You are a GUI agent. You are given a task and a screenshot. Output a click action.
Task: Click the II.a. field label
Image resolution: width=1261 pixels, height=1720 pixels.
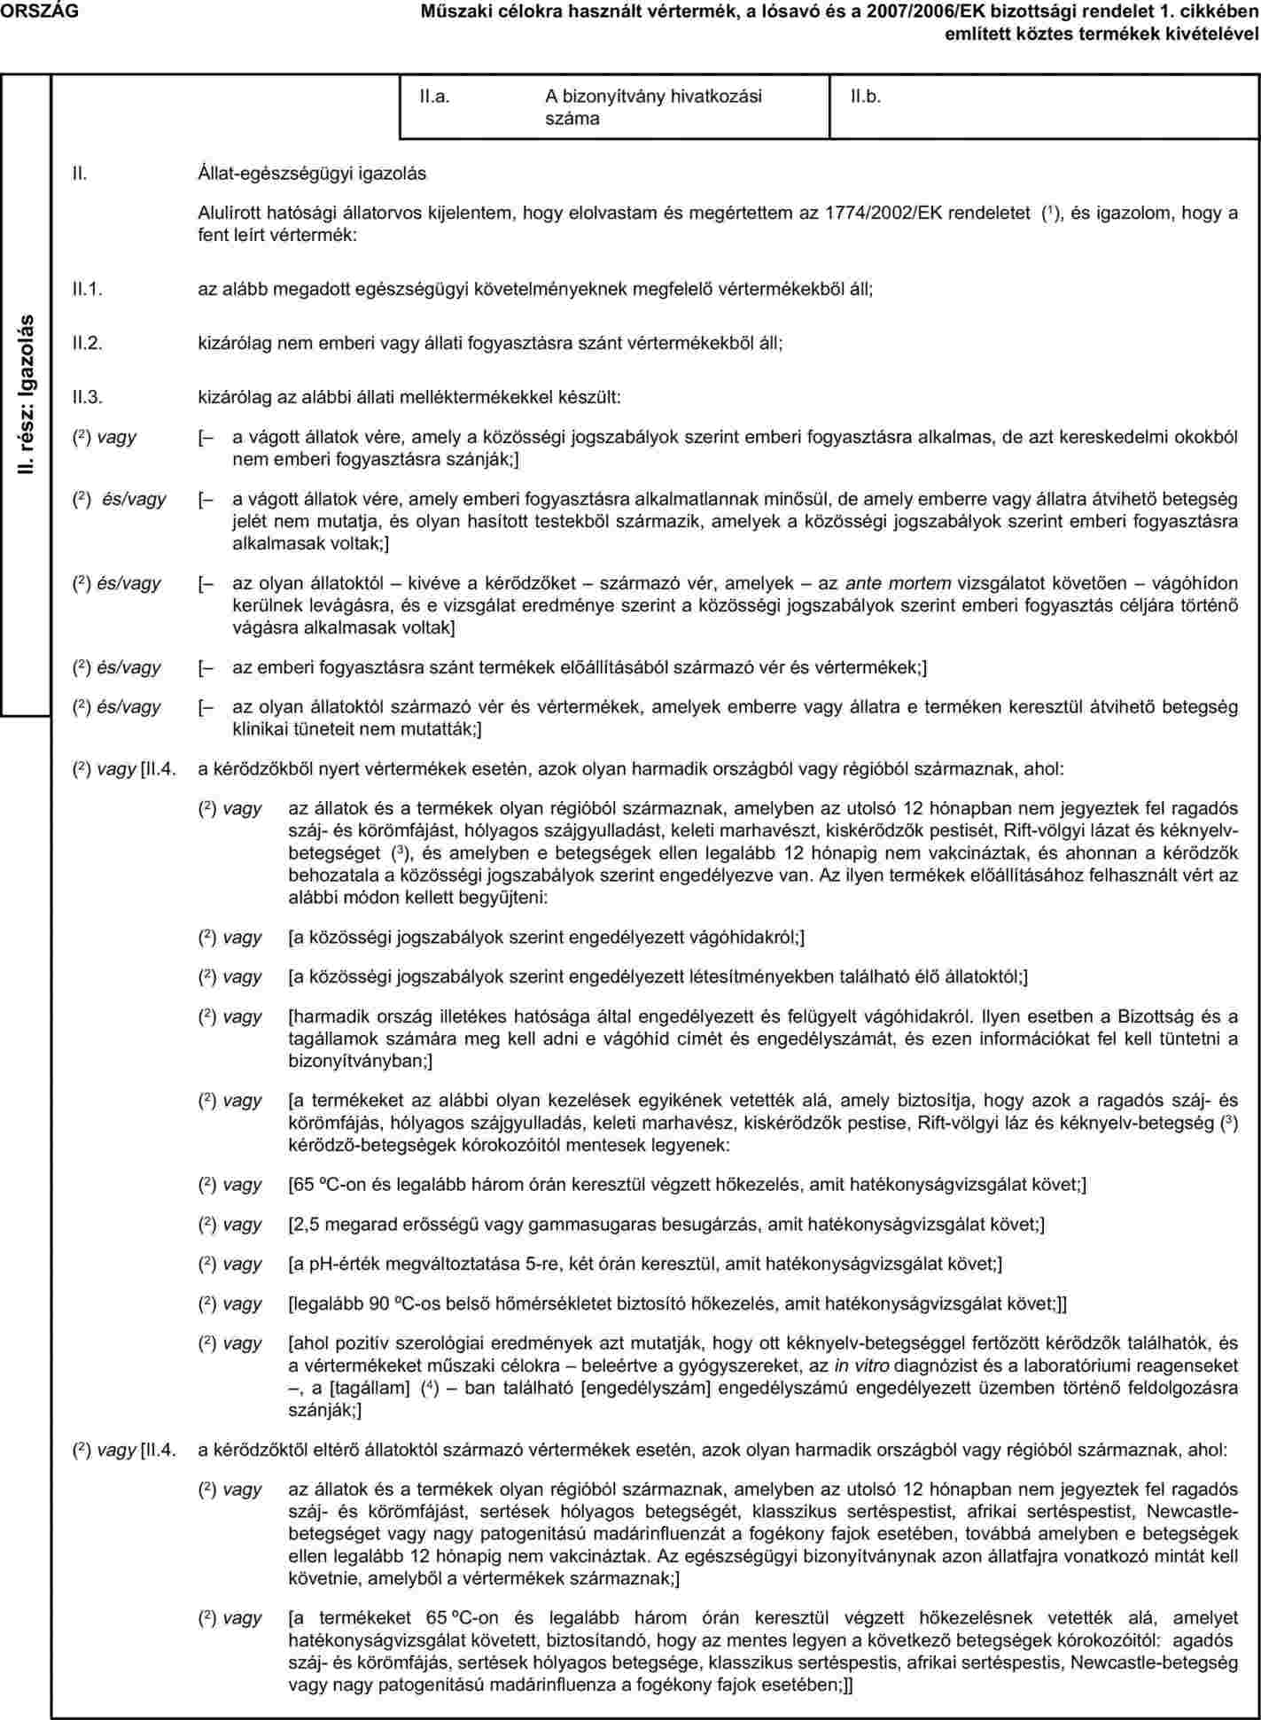point(434,97)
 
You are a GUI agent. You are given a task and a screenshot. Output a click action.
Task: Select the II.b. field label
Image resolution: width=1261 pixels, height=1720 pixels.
point(866,97)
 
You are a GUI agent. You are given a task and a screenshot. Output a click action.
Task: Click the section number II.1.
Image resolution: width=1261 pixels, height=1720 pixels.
point(88,289)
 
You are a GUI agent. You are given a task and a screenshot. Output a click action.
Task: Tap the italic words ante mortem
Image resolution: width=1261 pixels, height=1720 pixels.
point(899,583)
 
